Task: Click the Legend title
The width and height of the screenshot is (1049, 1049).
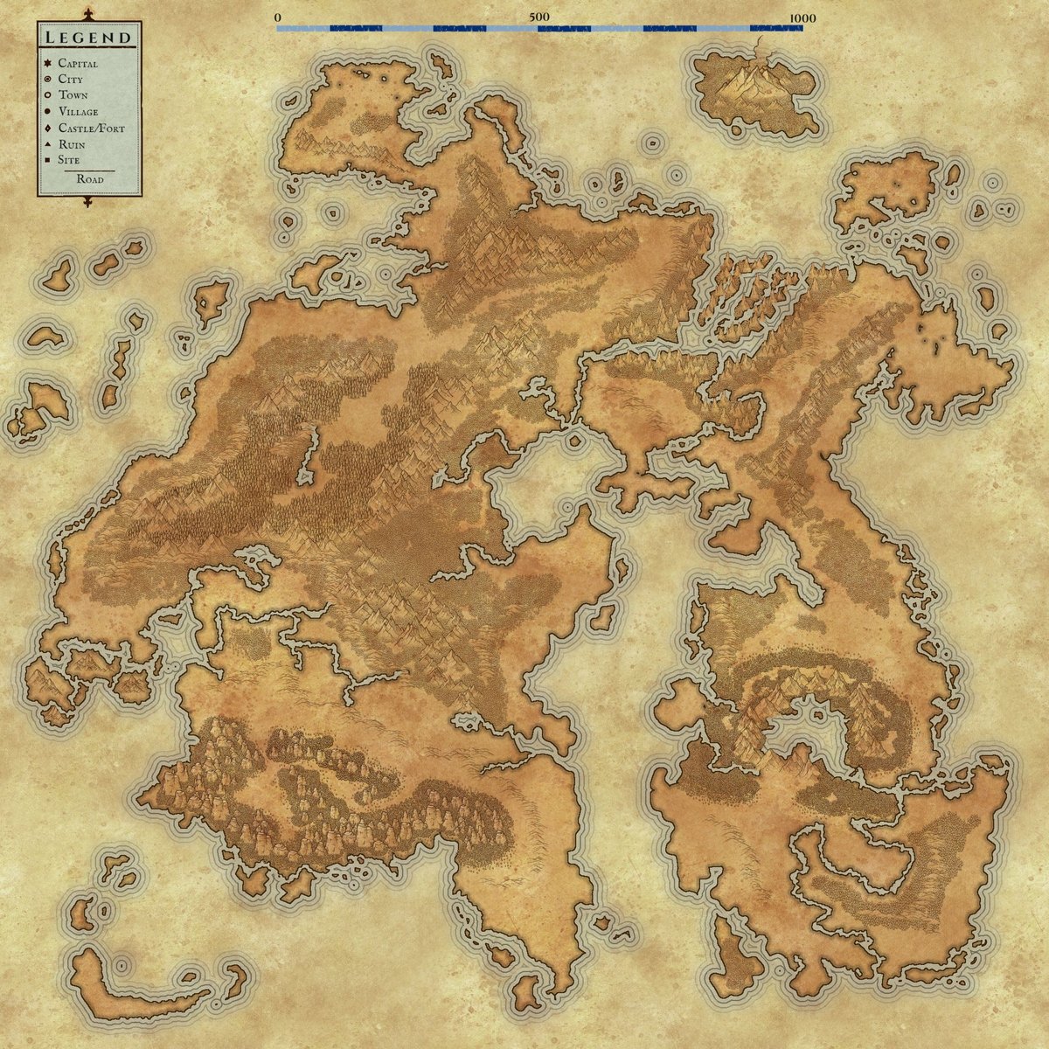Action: click(x=88, y=38)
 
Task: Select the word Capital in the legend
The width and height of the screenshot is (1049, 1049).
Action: click(x=78, y=64)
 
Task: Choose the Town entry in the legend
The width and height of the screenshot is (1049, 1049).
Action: click(x=73, y=95)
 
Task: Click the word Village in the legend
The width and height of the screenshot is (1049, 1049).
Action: click(x=78, y=112)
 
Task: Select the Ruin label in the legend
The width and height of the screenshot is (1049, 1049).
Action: click(x=71, y=143)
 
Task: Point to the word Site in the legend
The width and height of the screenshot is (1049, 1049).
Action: click(x=69, y=160)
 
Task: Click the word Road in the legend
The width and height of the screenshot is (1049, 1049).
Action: click(x=89, y=179)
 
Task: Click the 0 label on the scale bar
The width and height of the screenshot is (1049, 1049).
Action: click(x=277, y=17)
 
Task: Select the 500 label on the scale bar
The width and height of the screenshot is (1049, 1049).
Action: click(x=539, y=17)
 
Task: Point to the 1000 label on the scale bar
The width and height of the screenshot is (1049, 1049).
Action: click(x=802, y=17)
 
